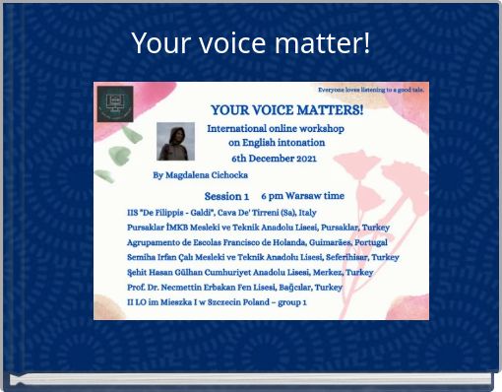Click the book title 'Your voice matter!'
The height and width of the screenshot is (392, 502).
point(251,44)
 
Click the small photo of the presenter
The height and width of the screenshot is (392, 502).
point(175,142)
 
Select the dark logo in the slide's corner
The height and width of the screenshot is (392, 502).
point(115,103)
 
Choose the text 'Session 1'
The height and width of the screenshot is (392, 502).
point(226,196)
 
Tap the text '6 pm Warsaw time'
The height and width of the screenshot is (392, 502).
point(302,196)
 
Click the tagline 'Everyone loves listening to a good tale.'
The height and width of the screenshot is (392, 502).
point(370,89)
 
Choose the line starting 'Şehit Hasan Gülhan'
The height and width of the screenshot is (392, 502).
point(250,272)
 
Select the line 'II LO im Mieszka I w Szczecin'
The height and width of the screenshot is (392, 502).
point(217,301)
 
